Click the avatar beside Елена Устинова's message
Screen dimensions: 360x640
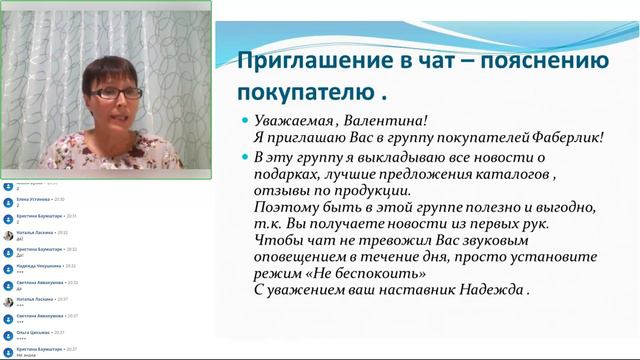pyautogui.click(x=8, y=201)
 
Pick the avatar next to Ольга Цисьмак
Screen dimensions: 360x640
pyautogui.click(x=8, y=335)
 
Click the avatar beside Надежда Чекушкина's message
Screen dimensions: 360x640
pyautogui.click(x=8, y=269)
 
